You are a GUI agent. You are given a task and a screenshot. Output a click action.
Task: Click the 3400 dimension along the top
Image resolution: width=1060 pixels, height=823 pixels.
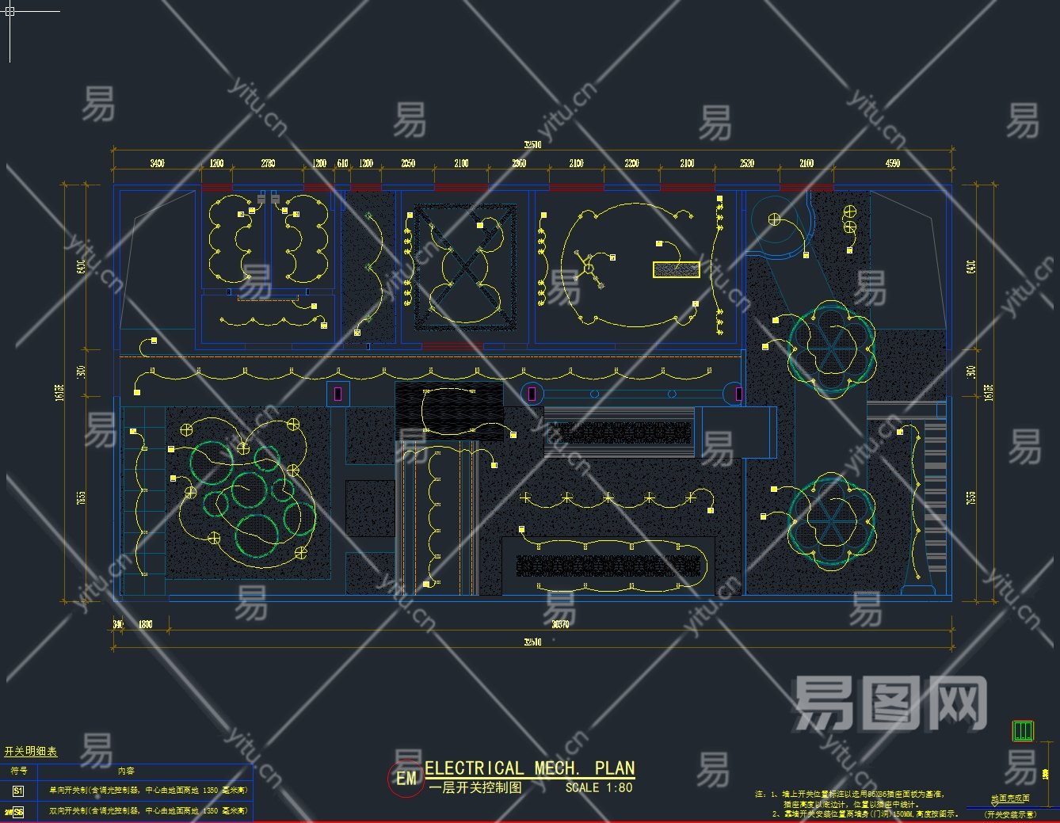[157, 163]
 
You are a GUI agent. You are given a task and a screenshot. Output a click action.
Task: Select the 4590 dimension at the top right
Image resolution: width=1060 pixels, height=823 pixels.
[892, 163]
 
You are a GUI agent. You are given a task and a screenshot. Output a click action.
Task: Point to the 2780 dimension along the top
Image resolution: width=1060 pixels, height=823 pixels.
[268, 163]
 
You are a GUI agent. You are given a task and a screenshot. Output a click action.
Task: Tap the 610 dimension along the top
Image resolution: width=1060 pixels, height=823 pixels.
[343, 163]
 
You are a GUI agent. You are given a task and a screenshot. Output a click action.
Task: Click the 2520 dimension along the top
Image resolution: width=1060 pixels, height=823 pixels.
[747, 163]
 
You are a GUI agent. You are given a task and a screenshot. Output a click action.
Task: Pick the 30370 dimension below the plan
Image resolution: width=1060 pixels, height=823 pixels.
[559, 624]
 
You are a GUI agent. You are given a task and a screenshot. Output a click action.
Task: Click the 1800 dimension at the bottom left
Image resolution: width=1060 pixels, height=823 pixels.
[146, 624]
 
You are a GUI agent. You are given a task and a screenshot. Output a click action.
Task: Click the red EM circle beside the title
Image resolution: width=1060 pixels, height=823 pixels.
[406, 779]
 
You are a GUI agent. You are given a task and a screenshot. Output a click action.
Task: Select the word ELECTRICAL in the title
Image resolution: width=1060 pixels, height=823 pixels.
[474, 768]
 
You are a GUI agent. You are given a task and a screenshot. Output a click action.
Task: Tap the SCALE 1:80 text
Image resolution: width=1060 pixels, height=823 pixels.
[599, 788]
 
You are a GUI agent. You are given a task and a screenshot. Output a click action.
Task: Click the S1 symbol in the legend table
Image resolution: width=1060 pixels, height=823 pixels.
[18, 791]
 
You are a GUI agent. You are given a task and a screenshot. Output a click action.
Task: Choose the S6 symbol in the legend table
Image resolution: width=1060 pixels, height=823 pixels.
[18, 812]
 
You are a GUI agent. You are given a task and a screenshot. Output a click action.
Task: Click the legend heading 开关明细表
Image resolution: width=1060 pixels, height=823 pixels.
[31, 752]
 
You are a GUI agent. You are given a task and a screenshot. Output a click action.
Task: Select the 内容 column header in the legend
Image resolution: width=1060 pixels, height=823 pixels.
[126, 771]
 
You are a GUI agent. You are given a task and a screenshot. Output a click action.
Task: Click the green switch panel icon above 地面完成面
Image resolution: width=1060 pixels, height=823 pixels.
[1023, 730]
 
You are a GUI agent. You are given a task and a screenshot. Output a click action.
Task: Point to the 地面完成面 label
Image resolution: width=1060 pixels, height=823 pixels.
[1010, 798]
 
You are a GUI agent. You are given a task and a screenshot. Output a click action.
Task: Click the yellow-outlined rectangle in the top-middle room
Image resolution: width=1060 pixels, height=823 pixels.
[676, 270]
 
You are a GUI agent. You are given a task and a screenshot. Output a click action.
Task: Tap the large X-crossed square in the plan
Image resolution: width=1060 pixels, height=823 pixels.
[465, 268]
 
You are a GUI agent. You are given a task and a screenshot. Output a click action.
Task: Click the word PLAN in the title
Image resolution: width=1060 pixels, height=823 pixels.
[615, 768]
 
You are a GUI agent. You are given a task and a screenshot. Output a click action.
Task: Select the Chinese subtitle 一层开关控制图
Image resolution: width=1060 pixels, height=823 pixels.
[475, 788]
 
